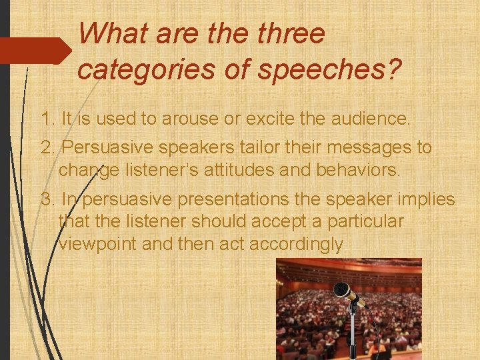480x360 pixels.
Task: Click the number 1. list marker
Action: click(x=47, y=120)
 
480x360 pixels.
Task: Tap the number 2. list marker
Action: click(x=48, y=147)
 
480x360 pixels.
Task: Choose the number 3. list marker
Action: click(x=48, y=199)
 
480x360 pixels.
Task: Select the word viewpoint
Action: click(x=98, y=244)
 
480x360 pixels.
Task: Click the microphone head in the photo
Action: click(x=345, y=291)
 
